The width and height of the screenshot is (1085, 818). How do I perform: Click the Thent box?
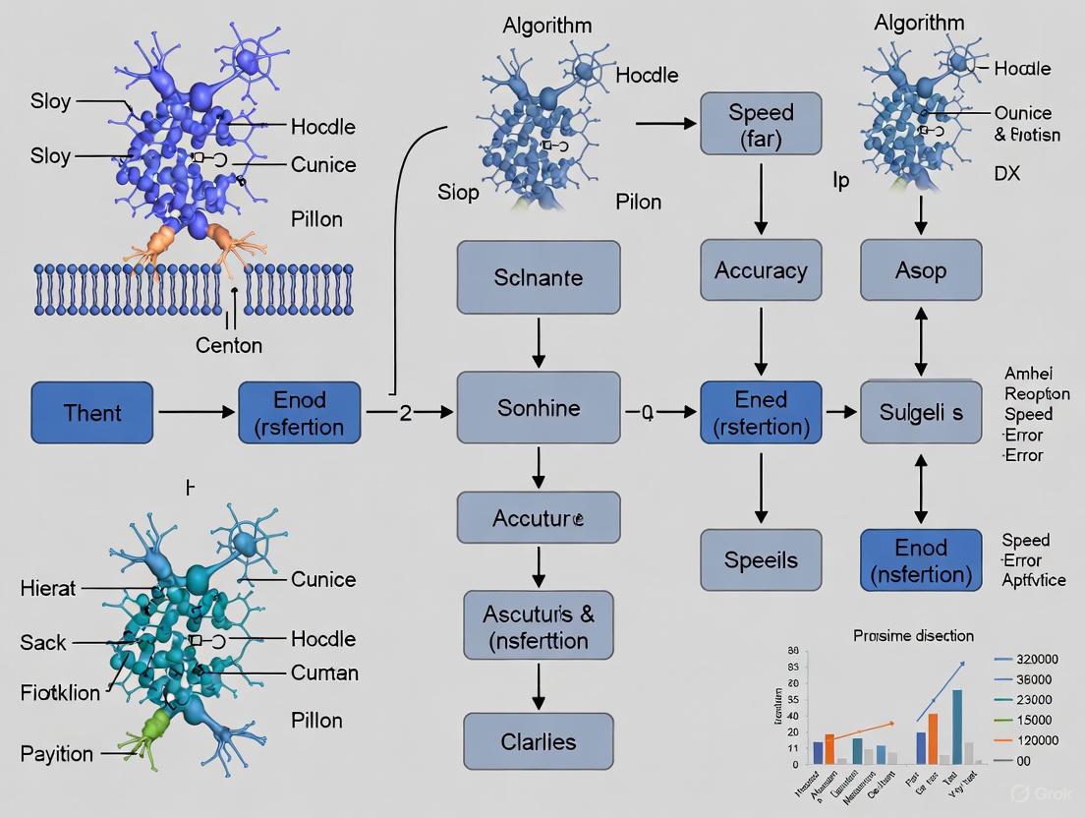(x=92, y=413)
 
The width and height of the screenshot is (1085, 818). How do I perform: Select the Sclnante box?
(x=538, y=277)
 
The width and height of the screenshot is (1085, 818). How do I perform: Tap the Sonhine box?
(x=538, y=408)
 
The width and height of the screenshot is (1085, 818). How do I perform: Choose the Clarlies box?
(x=538, y=741)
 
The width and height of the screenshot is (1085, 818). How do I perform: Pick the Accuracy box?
(x=761, y=270)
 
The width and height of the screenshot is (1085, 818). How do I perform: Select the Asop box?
(x=921, y=270)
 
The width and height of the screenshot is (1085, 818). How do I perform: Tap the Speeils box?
(x=761, y=560)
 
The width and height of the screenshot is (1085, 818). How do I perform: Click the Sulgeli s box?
(x=921, y=413)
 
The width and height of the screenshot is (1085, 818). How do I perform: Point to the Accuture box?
(x=538, y=517)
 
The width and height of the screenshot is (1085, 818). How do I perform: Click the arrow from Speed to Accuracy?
(x=761, y=197)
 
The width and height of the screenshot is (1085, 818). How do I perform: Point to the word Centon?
(x=229, y=345)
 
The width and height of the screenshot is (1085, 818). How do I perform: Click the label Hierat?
(x=48, y=589)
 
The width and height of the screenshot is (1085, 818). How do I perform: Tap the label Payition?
(x=57, y=754)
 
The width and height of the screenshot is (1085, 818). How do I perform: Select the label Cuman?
(x=324, y=673)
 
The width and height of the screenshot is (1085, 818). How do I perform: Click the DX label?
(x=1007, y=174)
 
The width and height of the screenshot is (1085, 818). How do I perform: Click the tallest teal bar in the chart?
(x=956, y=726)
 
